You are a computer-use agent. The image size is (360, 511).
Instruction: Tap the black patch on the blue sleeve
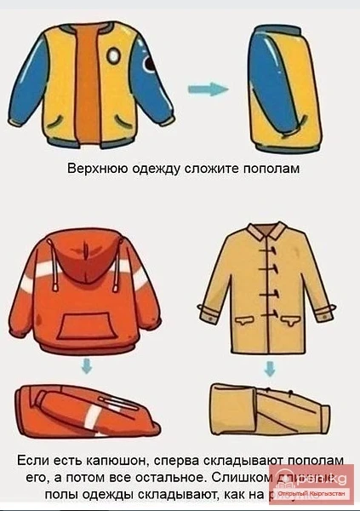pos(151,67)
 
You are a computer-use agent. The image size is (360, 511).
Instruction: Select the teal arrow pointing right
pos(206,89)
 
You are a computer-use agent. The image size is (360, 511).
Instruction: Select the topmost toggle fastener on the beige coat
pos(270,253)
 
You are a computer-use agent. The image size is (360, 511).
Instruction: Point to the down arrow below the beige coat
pos(270,368)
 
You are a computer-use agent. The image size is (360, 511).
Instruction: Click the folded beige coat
pos(268,411)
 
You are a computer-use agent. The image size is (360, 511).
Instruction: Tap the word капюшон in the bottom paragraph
pos(103,460)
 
